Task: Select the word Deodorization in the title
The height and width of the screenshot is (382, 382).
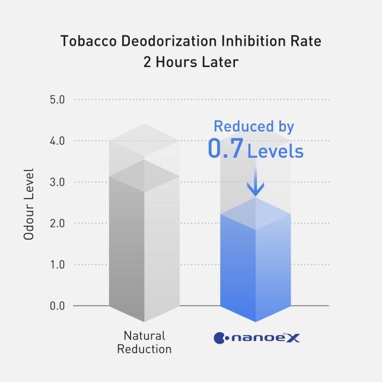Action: point(158,42)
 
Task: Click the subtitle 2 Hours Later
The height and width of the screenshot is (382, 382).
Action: point(190,62)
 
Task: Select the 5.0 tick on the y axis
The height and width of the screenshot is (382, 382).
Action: point(58,99)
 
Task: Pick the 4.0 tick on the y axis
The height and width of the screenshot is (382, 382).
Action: point(58,141)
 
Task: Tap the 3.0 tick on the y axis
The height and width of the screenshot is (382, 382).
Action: point(58,182)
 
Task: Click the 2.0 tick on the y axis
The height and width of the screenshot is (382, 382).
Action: point(58,224)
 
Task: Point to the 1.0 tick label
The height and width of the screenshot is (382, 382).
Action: point(58,265)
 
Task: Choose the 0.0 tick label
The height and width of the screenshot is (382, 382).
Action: point(58,306)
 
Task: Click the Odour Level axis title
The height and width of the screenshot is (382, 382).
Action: point(28,204)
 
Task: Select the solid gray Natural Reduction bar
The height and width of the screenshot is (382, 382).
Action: point(144,249)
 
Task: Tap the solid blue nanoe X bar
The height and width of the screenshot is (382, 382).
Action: point(255,267)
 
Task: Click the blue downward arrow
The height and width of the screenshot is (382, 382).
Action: point(255,181)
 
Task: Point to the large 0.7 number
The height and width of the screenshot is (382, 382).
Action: point(225,149)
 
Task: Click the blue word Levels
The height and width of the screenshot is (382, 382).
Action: point(275,151)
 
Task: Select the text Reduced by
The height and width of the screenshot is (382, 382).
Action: point(254,126)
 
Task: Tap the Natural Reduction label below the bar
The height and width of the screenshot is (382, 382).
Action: point(144,342)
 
